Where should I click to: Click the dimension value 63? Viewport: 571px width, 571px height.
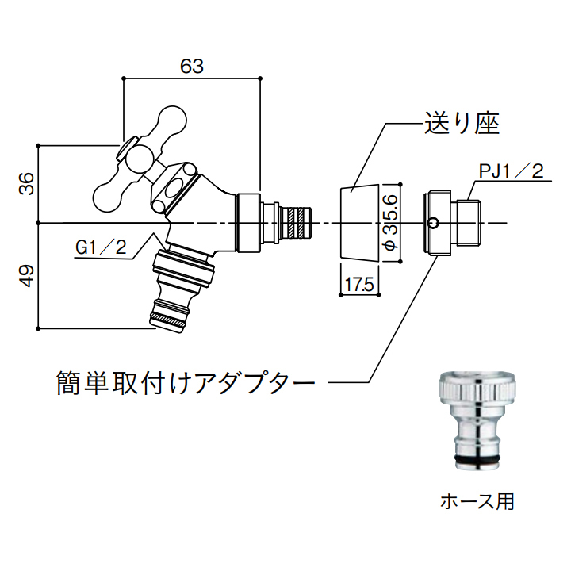click(192, 67)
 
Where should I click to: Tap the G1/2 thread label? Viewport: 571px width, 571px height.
click(101, 248)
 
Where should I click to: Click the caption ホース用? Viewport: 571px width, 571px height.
click(478, 501)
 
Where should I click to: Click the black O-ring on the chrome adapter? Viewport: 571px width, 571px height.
click(477, 458)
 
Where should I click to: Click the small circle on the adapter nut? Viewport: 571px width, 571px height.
click(432, 222)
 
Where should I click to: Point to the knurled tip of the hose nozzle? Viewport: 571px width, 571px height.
click(168, 320)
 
